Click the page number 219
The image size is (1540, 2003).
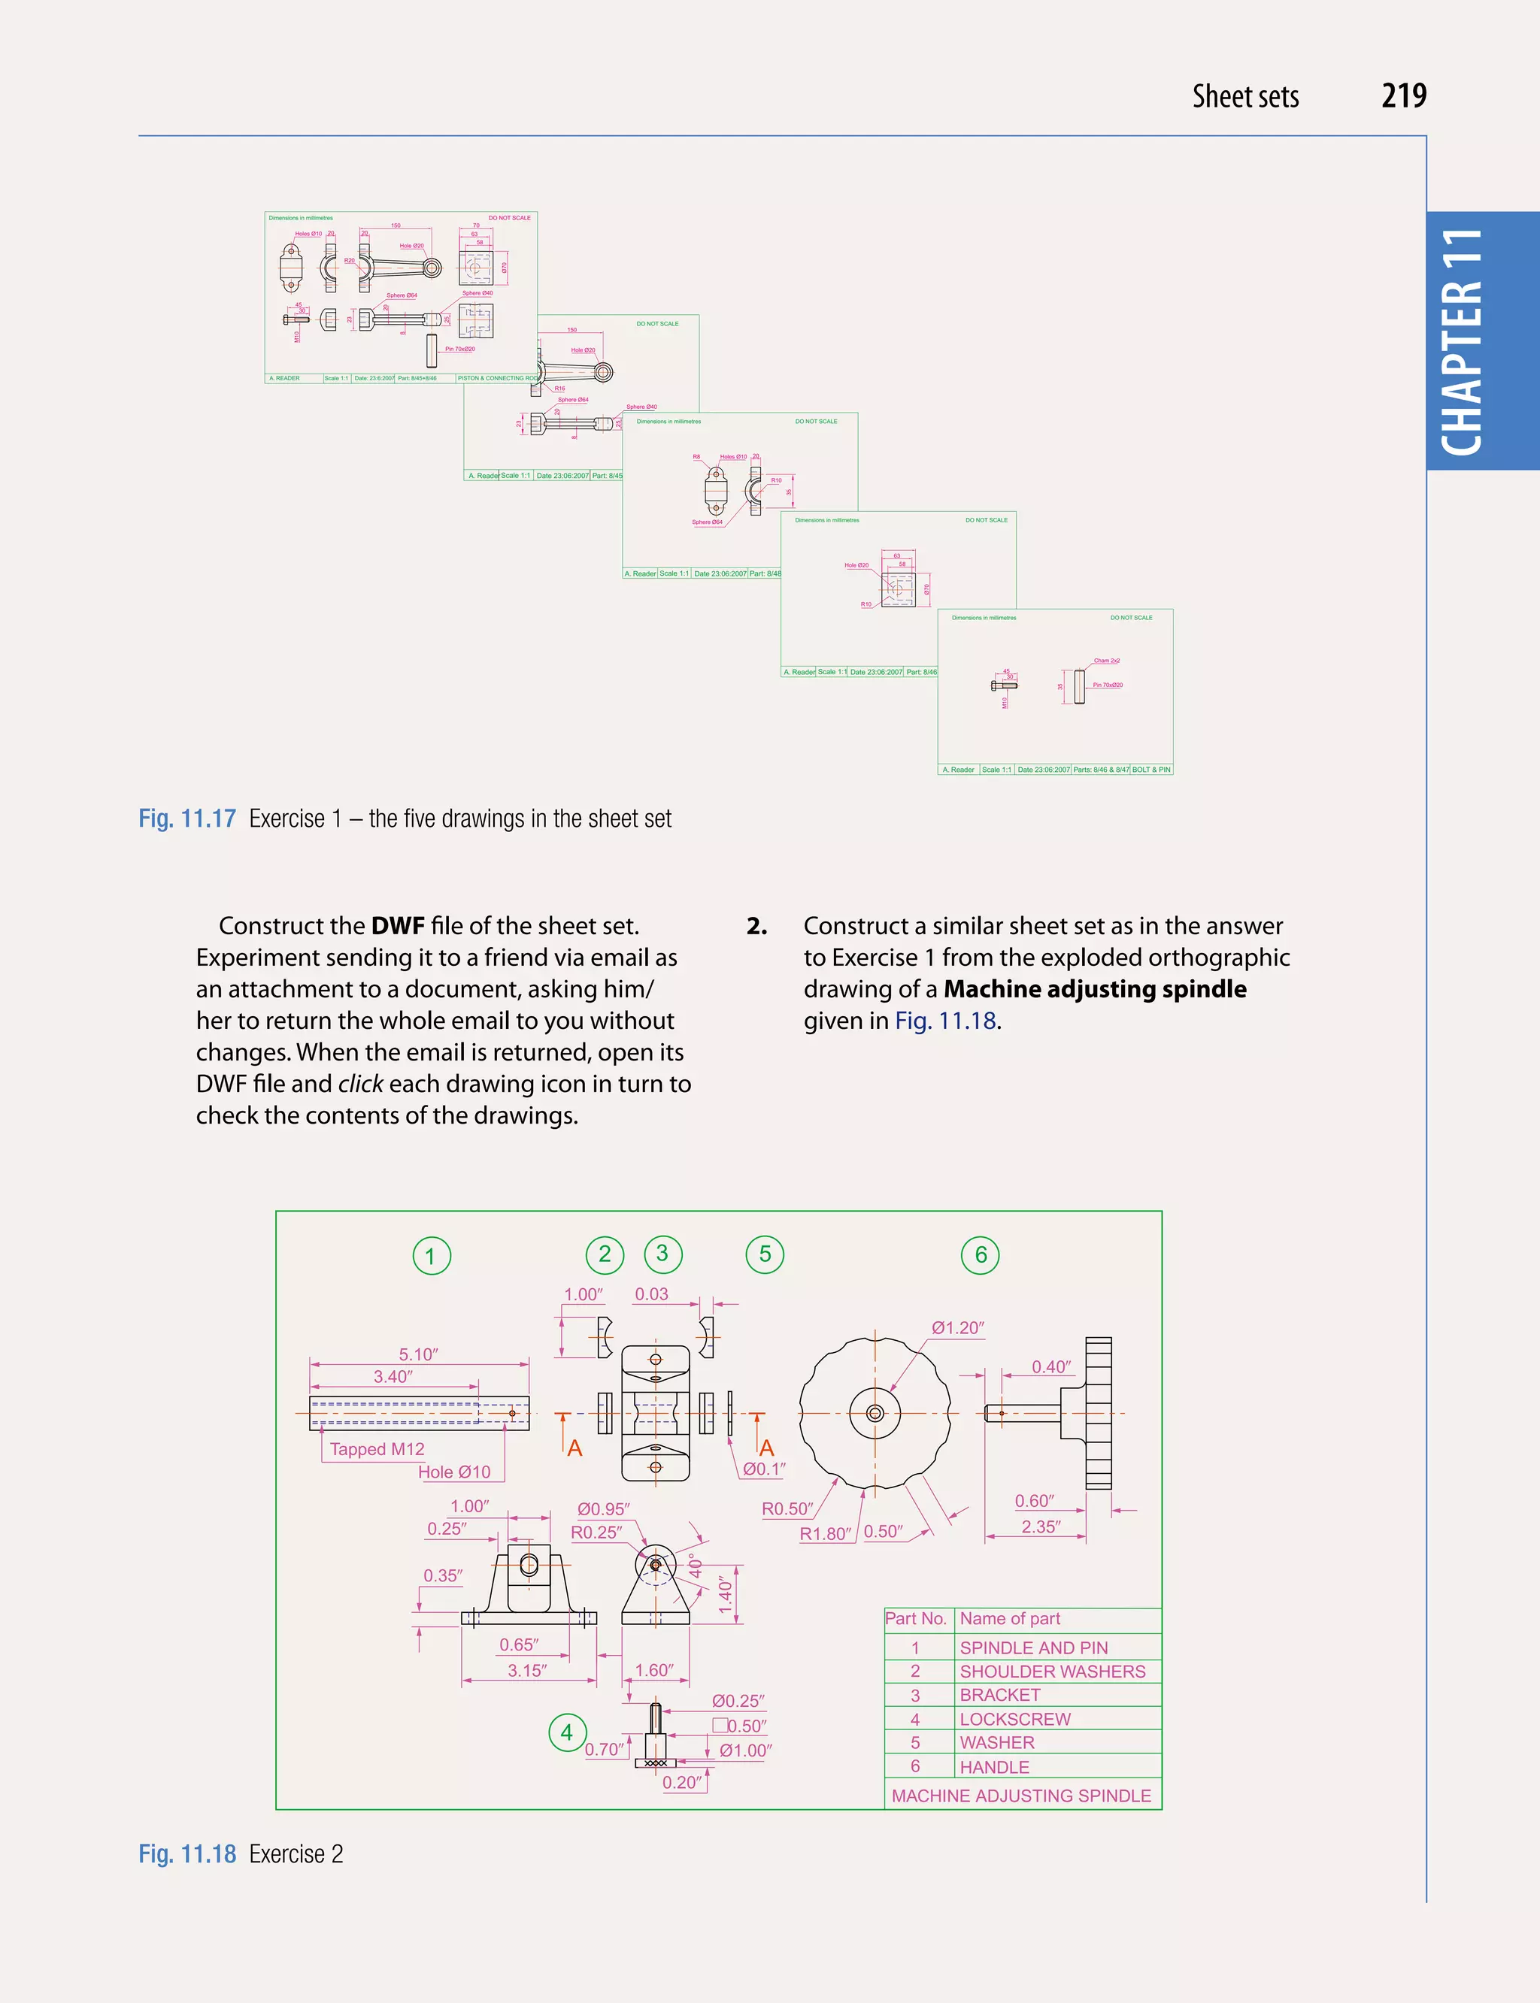click(x=1403, y=96)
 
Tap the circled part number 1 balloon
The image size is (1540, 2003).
click(x=431, y=1255)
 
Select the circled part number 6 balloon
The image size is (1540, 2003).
click(x=980, y=1254)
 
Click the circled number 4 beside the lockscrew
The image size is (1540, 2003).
click(x=566, y=1732)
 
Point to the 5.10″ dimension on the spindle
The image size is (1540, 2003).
click(x=418, y=1354)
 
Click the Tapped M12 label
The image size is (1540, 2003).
click(x=377, y=1448)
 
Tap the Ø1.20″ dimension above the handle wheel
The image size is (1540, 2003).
click(x=957, y=1328)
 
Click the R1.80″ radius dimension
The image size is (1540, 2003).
click(x=825, y=1534)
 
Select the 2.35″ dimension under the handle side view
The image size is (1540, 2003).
click(x=1041, y=1526)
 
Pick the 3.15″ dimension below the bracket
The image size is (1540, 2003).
click(x=527, y=1670)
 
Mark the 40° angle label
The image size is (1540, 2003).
click(x=696, y=1567)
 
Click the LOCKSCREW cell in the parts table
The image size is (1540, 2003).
click(x=1014, y=1719)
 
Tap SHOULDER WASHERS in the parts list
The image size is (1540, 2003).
click(x=1051, y=1672)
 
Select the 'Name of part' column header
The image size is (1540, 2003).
click(x=1009, y=1619)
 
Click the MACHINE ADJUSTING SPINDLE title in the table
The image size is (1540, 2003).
click(x=1021, y=1796)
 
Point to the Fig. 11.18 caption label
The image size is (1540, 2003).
click(x=187, y=1853)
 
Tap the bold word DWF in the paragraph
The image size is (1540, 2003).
click(x=398, y=925)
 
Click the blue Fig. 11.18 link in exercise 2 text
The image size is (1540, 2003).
click(x=945, y=1021)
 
